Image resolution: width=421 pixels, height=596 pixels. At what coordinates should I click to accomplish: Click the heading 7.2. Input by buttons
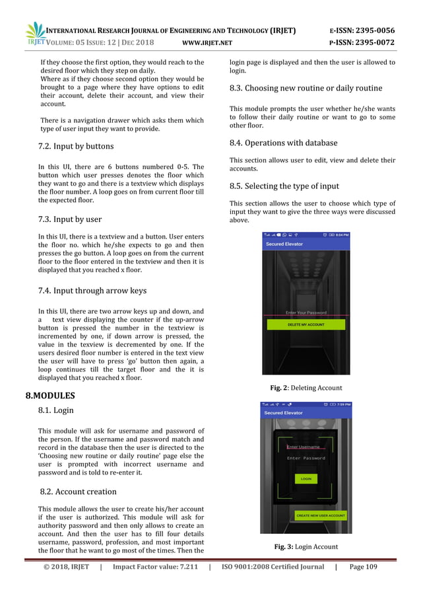point(76,146)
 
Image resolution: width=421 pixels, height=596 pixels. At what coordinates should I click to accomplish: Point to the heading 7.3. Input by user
point(70,219)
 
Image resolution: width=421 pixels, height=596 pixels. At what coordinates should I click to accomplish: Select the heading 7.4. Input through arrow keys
point(92,291)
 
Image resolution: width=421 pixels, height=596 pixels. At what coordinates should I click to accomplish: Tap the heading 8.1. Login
point(56,410)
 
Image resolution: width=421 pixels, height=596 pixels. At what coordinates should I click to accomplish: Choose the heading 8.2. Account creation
point(79,492)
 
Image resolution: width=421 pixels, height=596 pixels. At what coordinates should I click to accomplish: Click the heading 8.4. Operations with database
point(283,143)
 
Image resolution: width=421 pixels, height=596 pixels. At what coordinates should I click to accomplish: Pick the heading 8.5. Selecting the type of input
point(288,186)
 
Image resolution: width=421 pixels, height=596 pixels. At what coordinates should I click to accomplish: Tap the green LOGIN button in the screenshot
point(306,478)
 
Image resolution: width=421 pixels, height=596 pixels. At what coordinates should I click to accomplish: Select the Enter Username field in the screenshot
point(303,447)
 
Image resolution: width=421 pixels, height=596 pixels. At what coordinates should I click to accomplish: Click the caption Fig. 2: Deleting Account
point(306,388)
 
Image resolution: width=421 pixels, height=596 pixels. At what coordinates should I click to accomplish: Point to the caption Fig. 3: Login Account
point(306,546)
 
